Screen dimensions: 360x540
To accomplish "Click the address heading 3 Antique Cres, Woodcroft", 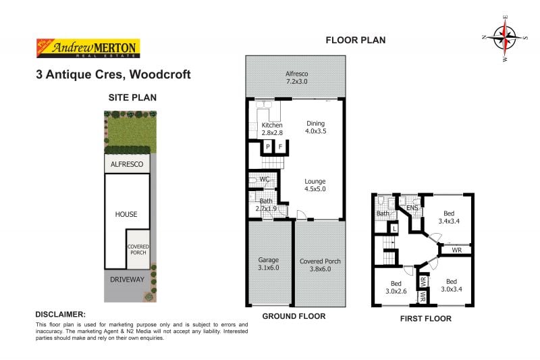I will point(113,74).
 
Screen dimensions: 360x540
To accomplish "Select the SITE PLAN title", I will point(132,97).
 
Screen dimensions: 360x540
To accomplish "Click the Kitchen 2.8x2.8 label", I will point(272,129).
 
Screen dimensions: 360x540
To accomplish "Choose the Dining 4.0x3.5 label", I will point(316,128).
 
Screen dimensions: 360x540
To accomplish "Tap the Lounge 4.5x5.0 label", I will point(315,185).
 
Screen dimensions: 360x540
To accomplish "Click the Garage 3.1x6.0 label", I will point(269,263).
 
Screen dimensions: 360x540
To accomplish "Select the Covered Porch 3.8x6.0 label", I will point(320,265).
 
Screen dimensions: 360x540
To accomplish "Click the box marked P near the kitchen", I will point(268,147).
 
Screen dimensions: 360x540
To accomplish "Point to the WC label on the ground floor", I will point(265,180).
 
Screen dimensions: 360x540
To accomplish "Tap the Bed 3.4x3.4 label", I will point(450,217).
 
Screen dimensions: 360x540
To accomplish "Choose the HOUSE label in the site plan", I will point(126,214).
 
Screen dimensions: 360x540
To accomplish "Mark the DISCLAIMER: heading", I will point(60,315).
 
